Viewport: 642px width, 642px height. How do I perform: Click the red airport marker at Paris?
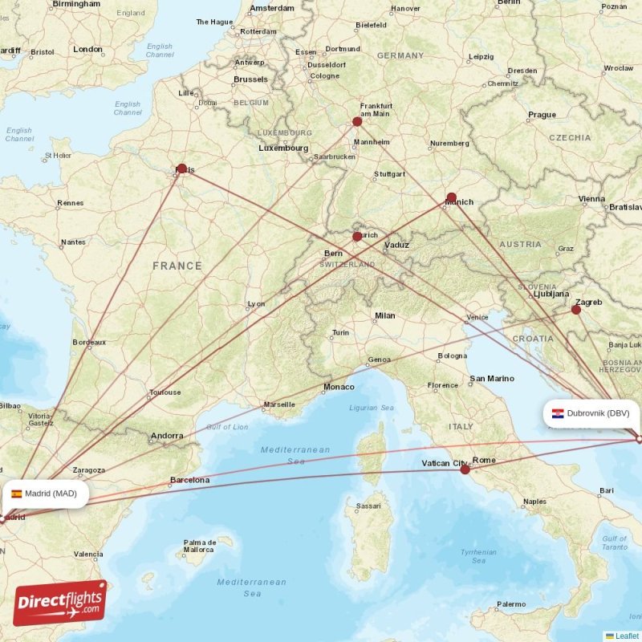pyautogui.click(x=182, y=169)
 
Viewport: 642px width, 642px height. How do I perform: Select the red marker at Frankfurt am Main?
pyautogui.click(x=357, y=122)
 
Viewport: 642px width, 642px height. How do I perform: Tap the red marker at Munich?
pyautogui.click(x=451, y=197)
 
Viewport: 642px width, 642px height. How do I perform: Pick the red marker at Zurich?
pyautogui.click(x=357, y=237)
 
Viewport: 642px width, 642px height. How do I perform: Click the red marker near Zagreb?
pyautogui.click(x=576, y=309)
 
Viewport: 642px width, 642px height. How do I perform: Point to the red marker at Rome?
pyautogui.click(x=465, y=469)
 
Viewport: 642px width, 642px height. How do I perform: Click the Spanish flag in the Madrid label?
pyautogui.click(x=16, y=494)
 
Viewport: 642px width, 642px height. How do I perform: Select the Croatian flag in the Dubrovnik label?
pyautogui.click(x=557, y=414)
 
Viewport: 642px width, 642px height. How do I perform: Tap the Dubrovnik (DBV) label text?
pyautogui.click(x=598, y=414)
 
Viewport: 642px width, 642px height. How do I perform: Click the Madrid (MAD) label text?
pyautogui.click(x=51, y=494)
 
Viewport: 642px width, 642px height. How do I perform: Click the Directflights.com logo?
pyautogui.click(x=60, y=603)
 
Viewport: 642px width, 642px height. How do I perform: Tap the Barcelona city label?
pyautogui.click(x=189, y=481)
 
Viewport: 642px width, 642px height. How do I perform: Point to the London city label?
pyautogui.click(x=87, y=49)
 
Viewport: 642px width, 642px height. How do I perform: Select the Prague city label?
pyautogui.click(x=542, y=115)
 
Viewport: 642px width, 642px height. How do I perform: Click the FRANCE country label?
pyautogui.click(x=177, y=266)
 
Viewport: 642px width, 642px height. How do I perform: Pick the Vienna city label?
pyautogui.click(x=591, y=198)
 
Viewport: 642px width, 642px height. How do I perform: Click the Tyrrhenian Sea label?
pyautogui.click(x=478, y=556)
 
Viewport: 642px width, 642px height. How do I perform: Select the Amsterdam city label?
pyautogui.click(x=272, y=9)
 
